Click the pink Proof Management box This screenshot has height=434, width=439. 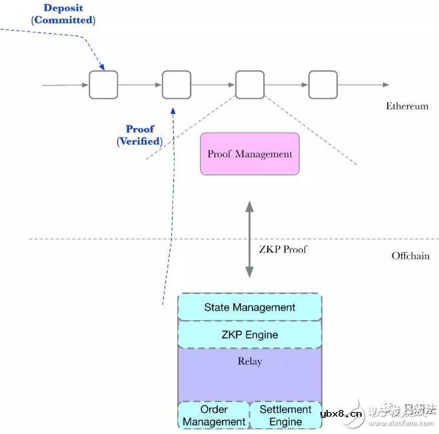point(250,154)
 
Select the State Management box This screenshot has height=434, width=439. point(250,307)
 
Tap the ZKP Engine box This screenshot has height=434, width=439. point(250,334)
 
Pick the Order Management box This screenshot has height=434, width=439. point(214,415)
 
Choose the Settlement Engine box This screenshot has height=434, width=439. point(285,415)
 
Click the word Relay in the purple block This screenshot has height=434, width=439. point(250,361)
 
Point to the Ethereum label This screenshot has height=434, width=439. point(407,106)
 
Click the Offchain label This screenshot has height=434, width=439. point(410,255)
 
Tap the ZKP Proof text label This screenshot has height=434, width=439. point(283,250)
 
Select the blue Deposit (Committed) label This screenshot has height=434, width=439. point(64,14)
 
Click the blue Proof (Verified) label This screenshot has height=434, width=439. point(140,135)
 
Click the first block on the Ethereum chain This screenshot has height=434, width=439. point(103,85)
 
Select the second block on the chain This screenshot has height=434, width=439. point(177,85)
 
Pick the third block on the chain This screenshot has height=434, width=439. point(250,85)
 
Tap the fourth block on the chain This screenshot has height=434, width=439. point(322,85)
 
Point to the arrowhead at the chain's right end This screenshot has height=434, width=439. point(386,85)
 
